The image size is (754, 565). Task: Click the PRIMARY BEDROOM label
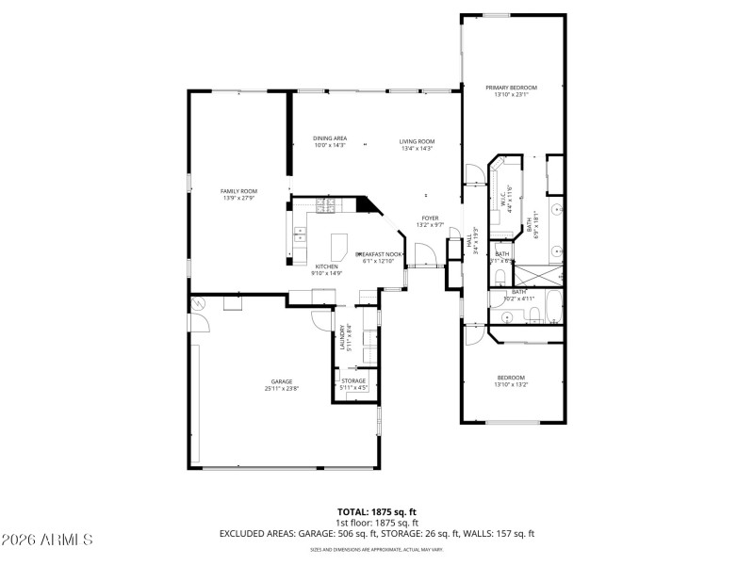click(511, 88)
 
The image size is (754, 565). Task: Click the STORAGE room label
click(353, 380)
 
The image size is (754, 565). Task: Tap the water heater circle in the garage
click(198, 304)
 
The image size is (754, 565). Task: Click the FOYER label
click(430, 219)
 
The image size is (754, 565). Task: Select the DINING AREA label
click(330, 138)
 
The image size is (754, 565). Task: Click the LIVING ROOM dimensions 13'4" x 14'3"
click(417, 147)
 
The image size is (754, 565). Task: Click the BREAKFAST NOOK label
click(379, 254)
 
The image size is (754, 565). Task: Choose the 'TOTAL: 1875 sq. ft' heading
click(376, 511)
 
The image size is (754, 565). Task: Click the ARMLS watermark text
click(47, 540)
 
